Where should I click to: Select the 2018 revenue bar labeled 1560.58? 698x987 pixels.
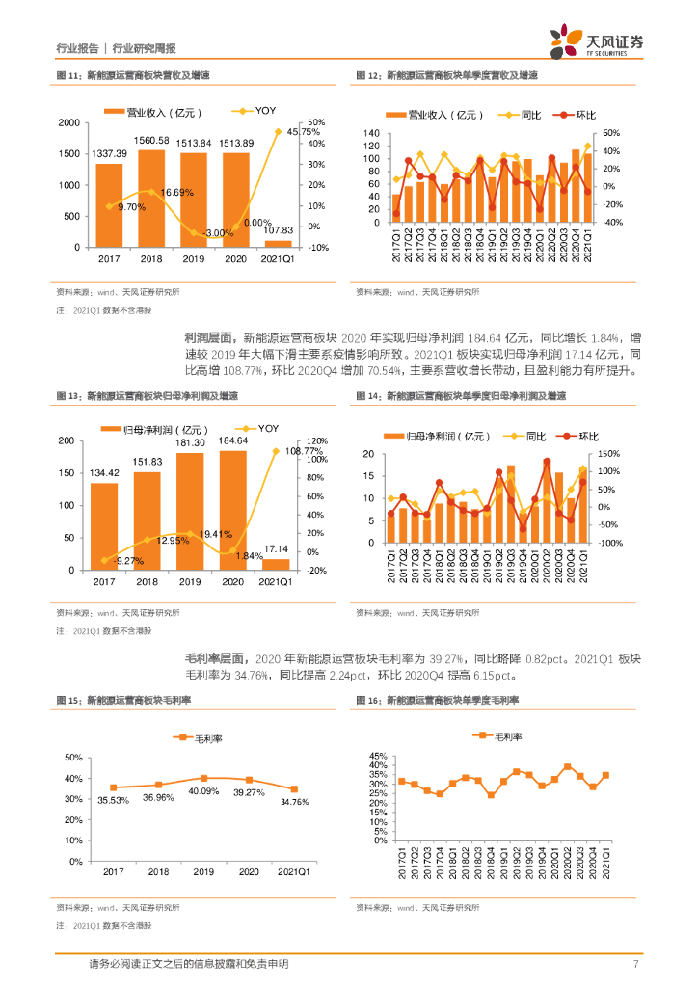click(152, 198)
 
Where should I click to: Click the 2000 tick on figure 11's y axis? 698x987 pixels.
click(68, 123)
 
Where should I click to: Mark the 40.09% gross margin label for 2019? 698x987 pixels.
click(203, 791)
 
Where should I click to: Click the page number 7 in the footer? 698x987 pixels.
click(636, 965)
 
